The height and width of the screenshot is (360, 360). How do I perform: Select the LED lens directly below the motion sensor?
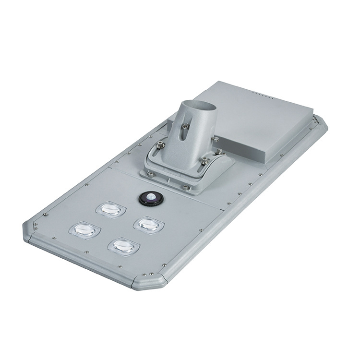pos(149,224)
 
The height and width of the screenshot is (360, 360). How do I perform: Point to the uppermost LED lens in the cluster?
pos(110,209)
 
